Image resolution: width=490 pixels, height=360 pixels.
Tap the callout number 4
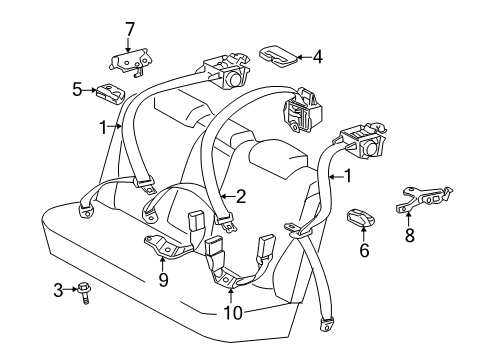click(317, 57)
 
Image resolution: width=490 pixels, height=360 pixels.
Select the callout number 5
click(76, 89)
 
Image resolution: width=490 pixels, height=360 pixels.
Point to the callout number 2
click(240, 196)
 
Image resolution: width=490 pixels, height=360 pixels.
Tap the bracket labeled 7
click(128, 61)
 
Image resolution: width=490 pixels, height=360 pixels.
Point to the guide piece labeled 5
click(108, 93)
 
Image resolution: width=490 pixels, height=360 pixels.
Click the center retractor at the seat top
click(303, 110)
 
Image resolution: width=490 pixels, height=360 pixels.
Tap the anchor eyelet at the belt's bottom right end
click(325, 323)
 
